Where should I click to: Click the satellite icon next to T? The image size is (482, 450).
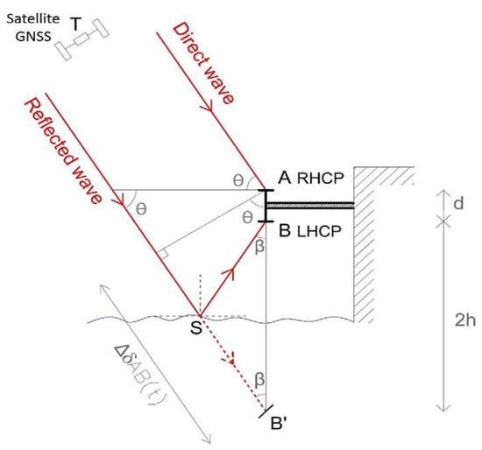point(82,39)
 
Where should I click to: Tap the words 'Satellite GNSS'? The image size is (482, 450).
point(33,28)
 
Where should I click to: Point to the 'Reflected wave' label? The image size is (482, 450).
point(63,151)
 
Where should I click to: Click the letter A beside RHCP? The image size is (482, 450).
point(284,177)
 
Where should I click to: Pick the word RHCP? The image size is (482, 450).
point(320,179)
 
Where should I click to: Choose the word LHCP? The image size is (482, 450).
point(319,232)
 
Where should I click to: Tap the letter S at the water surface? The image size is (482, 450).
point(195,327)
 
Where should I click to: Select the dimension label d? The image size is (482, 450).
point(458,203)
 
